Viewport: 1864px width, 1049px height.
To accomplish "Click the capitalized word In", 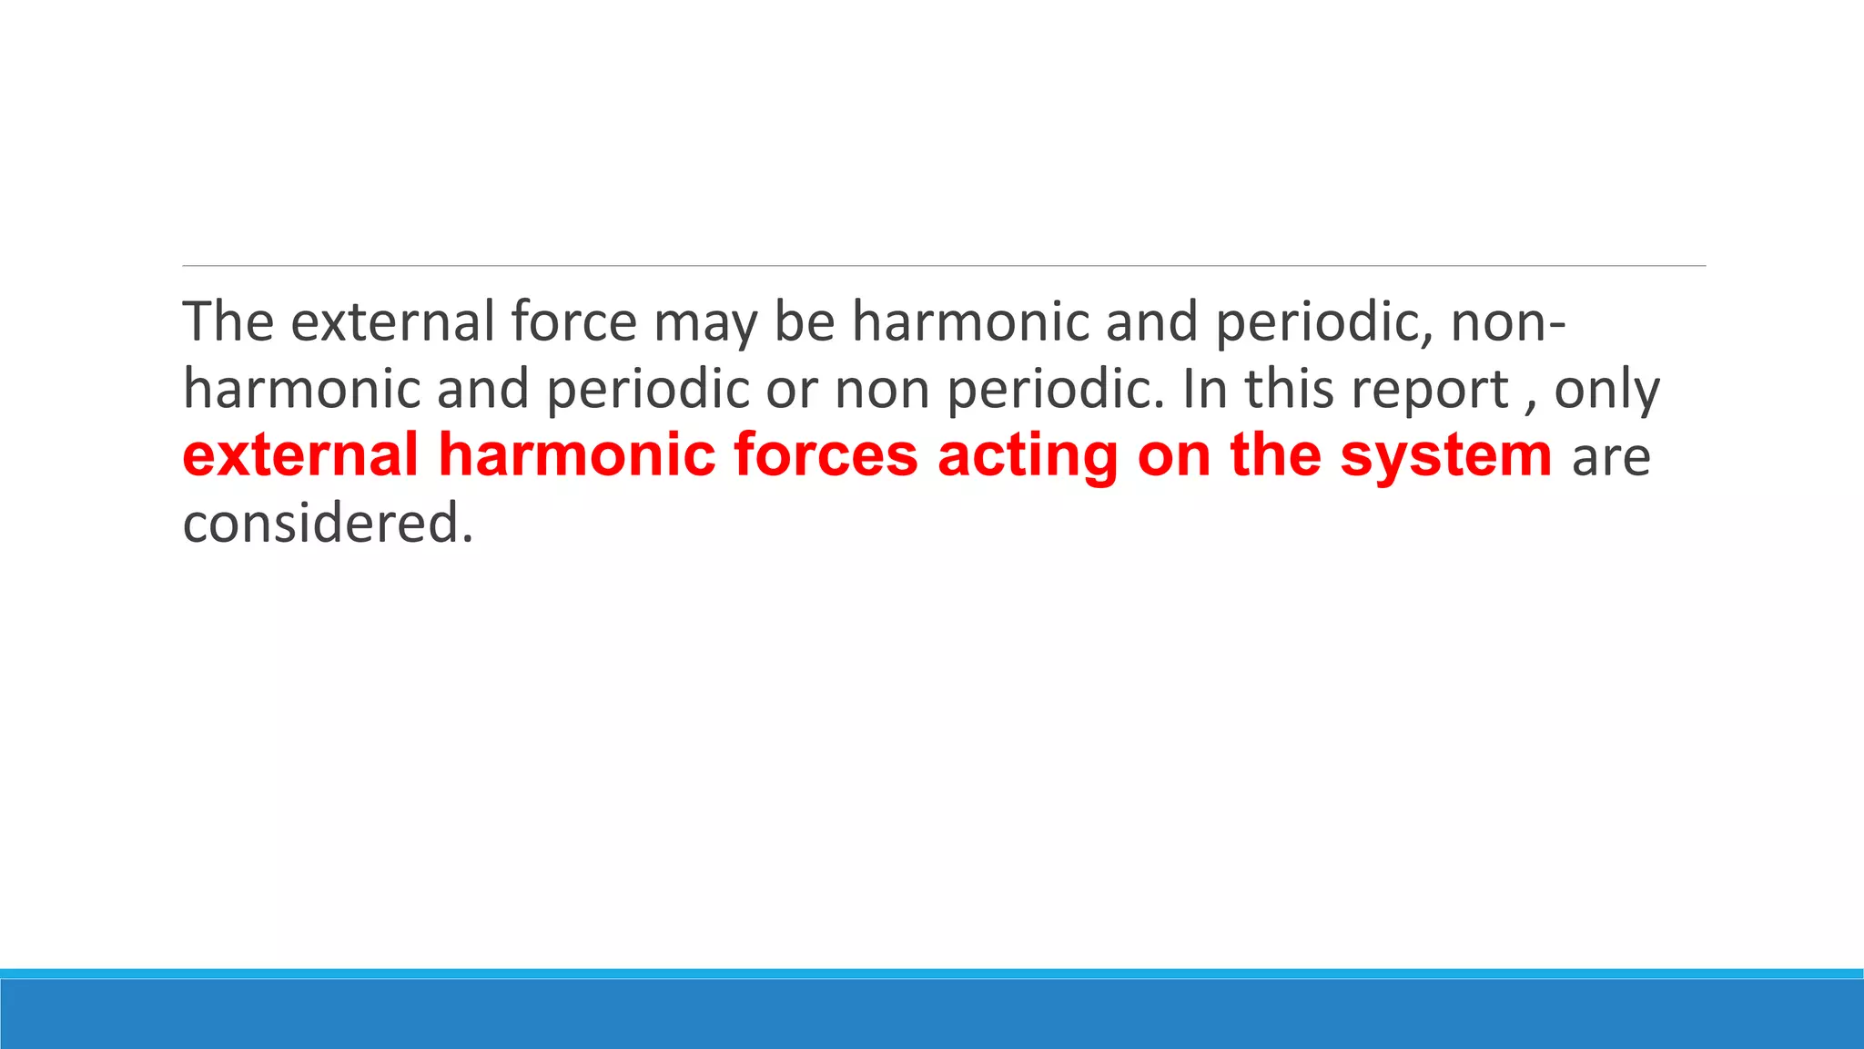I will tap(1205, 389).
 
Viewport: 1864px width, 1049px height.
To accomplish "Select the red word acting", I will tap(1028, 458).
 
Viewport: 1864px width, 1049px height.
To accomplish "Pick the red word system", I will tap(1445, 458).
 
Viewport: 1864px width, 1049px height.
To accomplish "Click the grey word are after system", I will tap(1611, 458).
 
